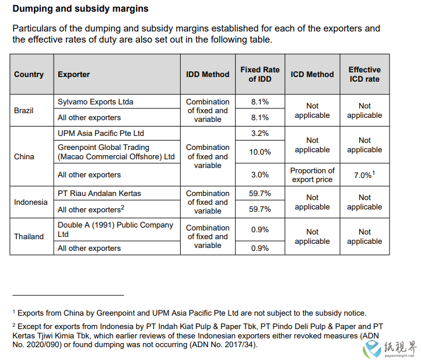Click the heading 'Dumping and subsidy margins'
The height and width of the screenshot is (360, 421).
click(80, 9)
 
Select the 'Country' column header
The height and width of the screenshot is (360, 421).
click(29, 75)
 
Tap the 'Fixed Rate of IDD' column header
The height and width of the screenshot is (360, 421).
click(260, 75)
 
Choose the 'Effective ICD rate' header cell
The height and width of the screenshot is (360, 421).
click(364, 75)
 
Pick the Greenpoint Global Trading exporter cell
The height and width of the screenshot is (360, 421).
click(116, 152)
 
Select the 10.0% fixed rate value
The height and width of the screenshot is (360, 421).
click(260, 152)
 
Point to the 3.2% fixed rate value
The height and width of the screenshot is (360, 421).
click(260, 133)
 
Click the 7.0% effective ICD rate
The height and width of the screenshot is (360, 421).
click(364, 175)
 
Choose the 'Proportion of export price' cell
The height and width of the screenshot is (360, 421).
click(313, 175)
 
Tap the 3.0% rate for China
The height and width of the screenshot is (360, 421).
click(260, 175)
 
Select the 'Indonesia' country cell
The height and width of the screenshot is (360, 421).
click(30, 202)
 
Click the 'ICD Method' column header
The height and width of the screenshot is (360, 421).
click(313, 75)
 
